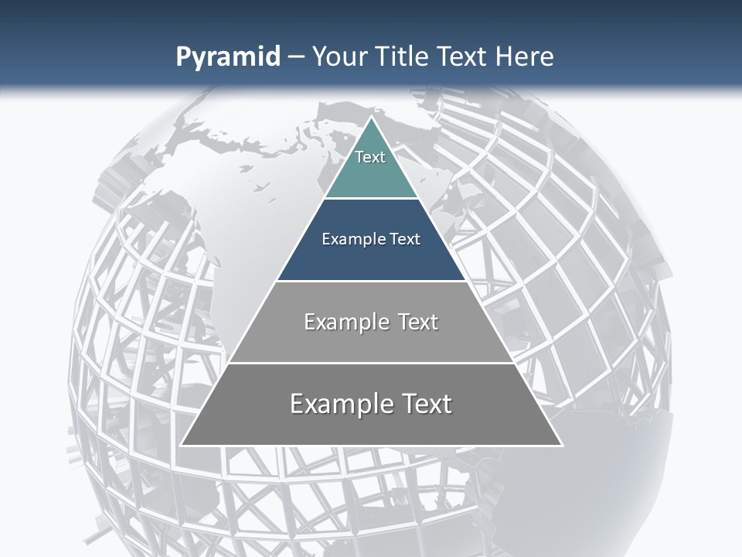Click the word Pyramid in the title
(x=227, y=57)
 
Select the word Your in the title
(x=339, y=57)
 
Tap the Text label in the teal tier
(x=370, y=157)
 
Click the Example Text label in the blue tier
(x=371, y=239)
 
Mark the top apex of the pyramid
(x=371, y=118)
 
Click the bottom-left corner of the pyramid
(x=182, y=445)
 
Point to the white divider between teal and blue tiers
(x=371, y=199)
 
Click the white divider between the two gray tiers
(x=371, y=363)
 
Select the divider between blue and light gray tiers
(x=371, y=281)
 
